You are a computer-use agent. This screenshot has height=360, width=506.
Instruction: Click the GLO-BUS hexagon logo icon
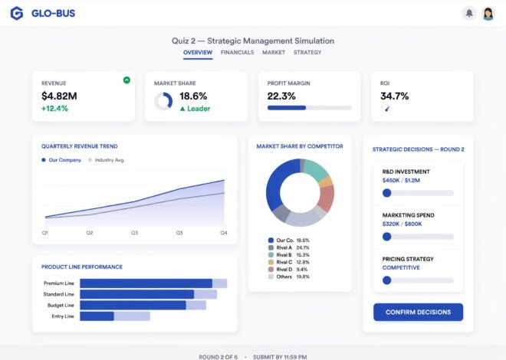pos(17,13)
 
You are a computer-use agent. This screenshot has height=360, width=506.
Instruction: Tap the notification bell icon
pos(469,13)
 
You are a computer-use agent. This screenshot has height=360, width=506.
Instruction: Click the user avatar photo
pos(488,14)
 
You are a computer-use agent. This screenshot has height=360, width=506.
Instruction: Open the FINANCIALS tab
pos(237,52)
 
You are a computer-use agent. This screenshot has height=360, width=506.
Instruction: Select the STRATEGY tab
pos(307,52)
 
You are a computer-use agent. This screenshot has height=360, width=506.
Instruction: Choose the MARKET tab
pos(274,52)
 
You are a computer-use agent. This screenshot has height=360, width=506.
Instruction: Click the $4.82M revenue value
pos(59,96)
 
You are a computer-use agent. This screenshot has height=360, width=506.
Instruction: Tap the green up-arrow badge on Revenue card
pos(127,80)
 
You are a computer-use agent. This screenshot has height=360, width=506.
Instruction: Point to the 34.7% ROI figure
pos(394,96)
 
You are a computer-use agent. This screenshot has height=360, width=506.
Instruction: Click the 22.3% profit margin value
pos(281,96)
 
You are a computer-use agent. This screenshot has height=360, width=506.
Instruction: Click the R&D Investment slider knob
pos(386,193)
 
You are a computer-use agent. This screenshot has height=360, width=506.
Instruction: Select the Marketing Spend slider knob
pos(386,237)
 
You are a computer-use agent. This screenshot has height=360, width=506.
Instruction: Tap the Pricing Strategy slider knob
pos(386,280)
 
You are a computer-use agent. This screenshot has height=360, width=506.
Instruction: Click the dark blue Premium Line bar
pos(146,283)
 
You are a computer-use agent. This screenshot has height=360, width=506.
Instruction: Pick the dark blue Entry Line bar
pos(97,316)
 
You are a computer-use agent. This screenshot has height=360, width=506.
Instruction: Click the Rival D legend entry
pos(288,270)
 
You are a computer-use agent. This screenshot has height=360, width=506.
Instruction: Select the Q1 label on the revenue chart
pos(45,233)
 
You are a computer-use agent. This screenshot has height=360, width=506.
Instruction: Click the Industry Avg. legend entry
pos(107,160)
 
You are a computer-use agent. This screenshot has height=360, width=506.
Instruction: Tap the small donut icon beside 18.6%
pos(163,102)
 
